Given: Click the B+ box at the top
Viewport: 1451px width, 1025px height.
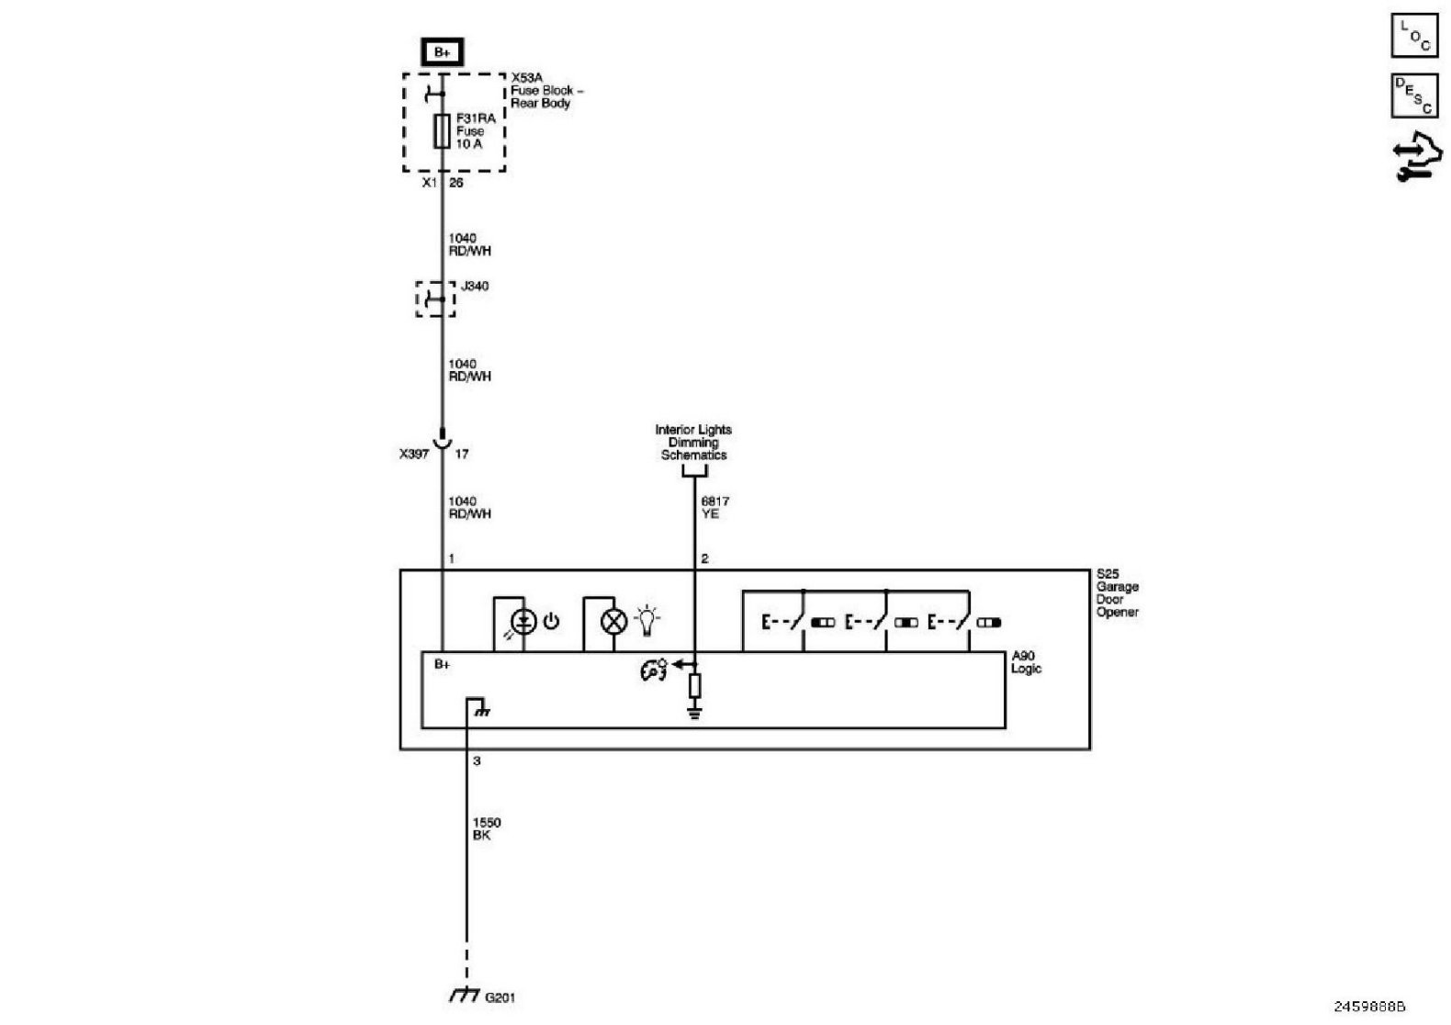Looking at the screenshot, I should point(442,52).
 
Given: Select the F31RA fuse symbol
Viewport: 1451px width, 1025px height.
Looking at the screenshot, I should point(442,131).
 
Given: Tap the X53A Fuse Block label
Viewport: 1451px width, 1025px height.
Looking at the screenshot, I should point(546,91).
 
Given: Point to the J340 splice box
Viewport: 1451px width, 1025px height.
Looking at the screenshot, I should point(435,299).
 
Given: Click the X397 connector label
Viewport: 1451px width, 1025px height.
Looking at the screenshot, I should point(414,454).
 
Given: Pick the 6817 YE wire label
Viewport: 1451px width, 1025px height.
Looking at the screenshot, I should point(714,508).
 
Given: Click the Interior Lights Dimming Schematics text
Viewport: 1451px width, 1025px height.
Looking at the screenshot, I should point(693,443).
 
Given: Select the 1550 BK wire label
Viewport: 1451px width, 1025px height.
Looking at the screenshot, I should point(486,829).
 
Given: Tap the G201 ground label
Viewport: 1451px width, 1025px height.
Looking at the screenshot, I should point(500,997).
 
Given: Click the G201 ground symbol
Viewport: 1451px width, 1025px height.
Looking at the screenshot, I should point(465,996).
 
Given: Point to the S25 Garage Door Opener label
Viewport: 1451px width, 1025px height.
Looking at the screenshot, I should point(1117,593).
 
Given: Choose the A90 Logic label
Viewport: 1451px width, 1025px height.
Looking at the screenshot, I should point(1026,662).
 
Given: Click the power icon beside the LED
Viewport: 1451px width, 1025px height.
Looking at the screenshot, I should point(551,622).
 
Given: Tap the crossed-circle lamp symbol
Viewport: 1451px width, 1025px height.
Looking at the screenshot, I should point(613,623).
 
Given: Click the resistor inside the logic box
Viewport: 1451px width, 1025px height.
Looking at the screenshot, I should point(694,685).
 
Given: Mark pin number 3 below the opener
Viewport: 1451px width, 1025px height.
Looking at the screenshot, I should point(477,761).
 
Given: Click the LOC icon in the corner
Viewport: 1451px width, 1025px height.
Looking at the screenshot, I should point(1414,37).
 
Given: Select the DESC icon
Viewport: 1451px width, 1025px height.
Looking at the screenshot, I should point(1414,96).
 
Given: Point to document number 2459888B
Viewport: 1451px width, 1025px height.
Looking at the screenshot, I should point(1370,1006).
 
